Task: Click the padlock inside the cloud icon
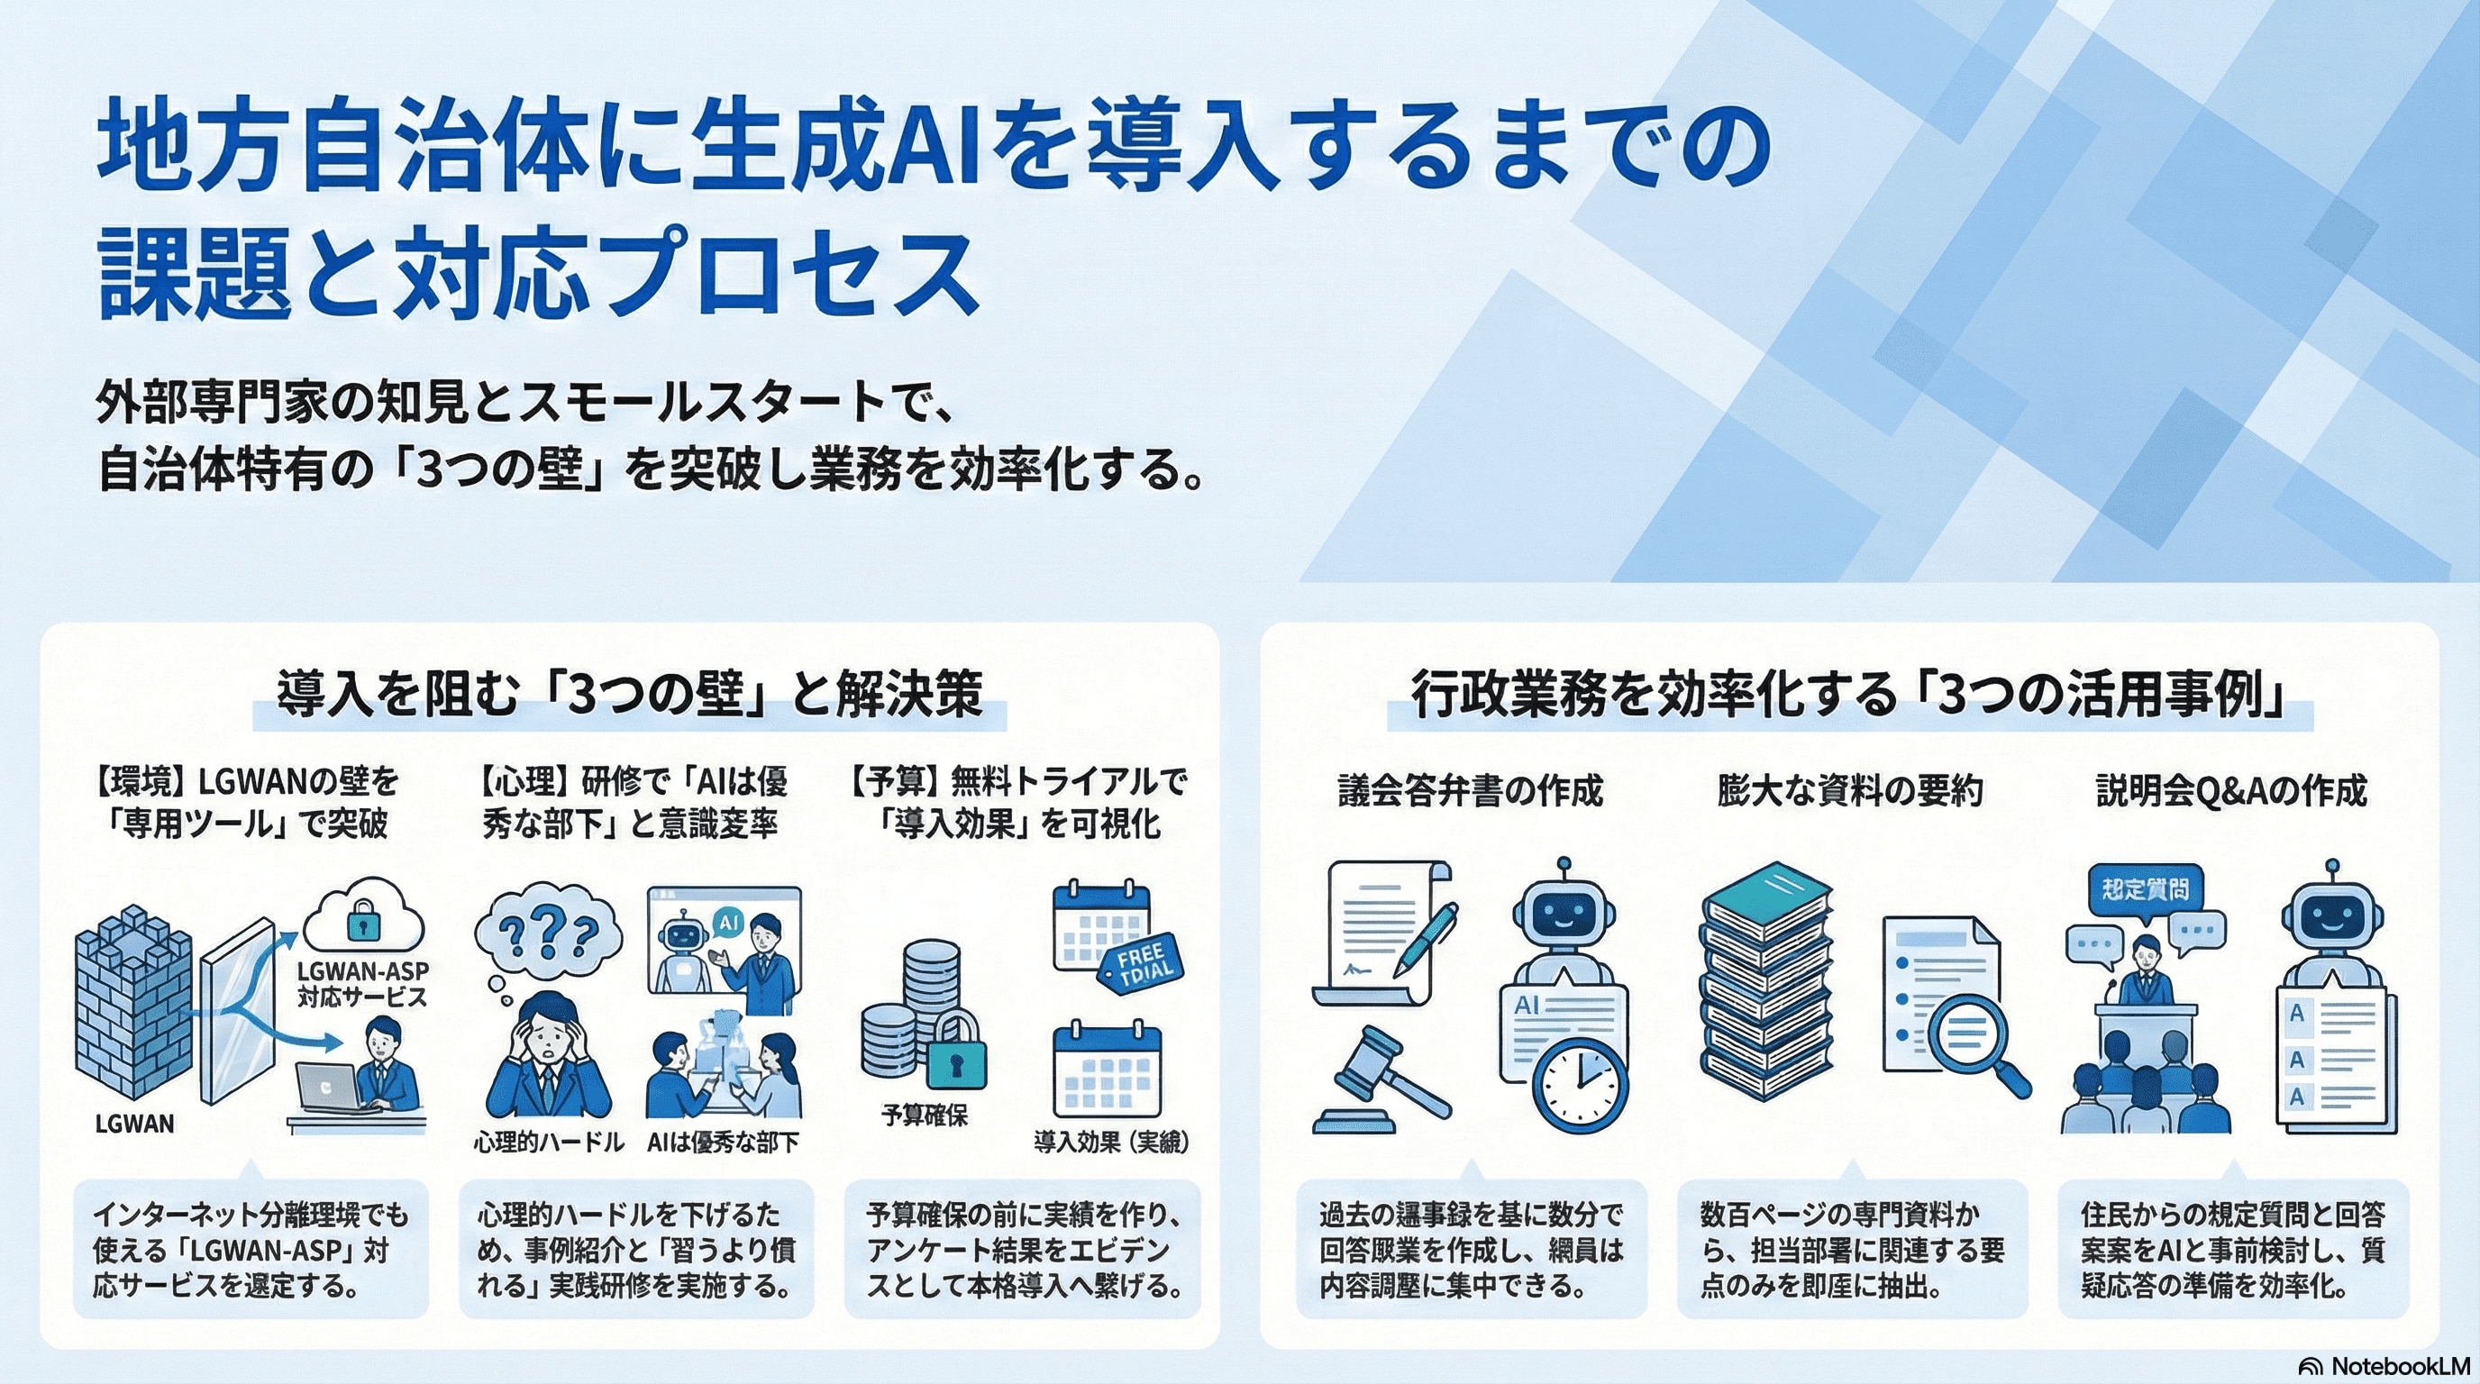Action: click(x=362, y=922)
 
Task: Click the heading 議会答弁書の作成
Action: click(x=1470, y=791)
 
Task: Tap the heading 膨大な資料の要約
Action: click(x=1849, y=791)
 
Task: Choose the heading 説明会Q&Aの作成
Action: click(x=2230, y=791)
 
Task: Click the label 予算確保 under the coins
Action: click(x=925, y=1116)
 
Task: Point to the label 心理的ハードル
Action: click(x=549, y=1143)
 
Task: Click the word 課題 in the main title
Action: click(x=195, y=272)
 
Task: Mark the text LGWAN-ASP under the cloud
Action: click(x=363, y=970)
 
